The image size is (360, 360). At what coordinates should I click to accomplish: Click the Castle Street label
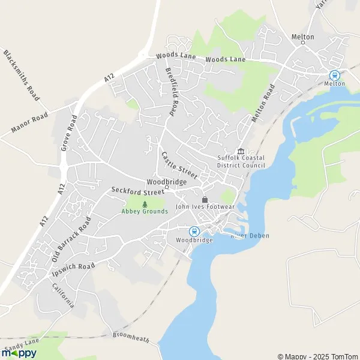point(179,165)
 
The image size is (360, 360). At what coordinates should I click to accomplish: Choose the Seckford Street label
point(137,191)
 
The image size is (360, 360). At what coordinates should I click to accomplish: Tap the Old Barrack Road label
point(71,239)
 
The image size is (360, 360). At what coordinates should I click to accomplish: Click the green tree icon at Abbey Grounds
point(145,204)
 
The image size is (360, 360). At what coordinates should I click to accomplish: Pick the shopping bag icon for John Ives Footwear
point(205,199)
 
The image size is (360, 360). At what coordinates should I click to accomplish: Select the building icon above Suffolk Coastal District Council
point(241,151)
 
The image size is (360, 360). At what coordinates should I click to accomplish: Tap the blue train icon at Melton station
point(334,76)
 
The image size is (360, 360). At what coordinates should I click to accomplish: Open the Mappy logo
point(19,353)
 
